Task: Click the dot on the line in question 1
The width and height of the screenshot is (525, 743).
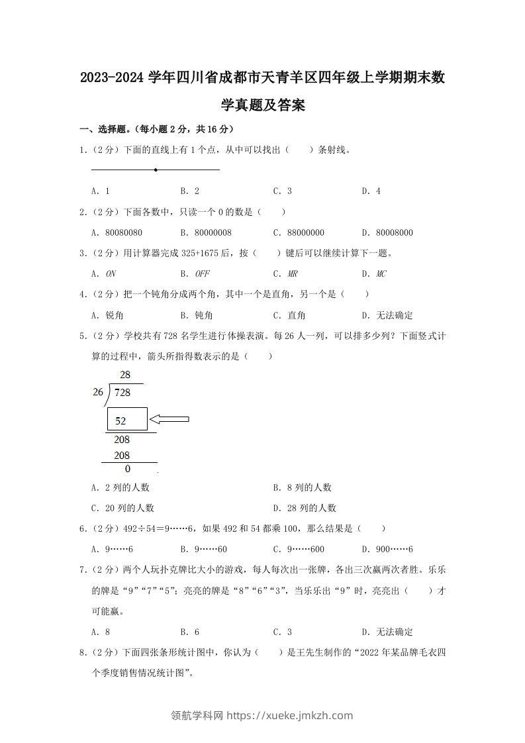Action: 156,170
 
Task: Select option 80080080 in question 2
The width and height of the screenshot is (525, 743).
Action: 124,232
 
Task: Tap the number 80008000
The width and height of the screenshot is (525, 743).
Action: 395,232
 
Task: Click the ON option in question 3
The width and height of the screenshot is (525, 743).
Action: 111,273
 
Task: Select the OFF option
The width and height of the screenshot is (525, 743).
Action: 201,273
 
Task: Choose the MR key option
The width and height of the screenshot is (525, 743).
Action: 293,273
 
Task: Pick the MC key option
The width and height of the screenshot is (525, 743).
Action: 381,273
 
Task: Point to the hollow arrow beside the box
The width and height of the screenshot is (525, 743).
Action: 169,419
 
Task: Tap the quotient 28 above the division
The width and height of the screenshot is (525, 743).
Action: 125,375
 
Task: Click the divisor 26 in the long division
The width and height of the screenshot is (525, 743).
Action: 98,392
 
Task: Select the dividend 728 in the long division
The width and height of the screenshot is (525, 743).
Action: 122,393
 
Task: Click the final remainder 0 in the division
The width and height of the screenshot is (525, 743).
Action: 128,469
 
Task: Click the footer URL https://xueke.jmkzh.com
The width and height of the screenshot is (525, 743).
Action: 290,715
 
